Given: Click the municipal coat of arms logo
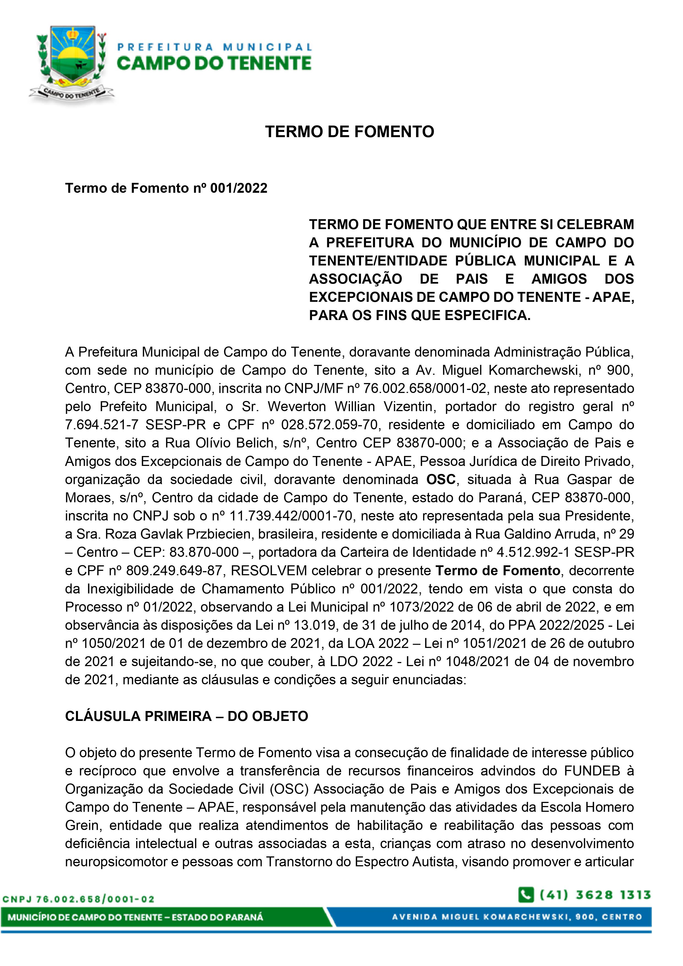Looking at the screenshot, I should click(x=72, y=63).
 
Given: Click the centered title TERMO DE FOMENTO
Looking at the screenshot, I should click(x=349, y=132).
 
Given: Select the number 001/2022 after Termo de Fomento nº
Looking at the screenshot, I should click(x=238, y=188).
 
